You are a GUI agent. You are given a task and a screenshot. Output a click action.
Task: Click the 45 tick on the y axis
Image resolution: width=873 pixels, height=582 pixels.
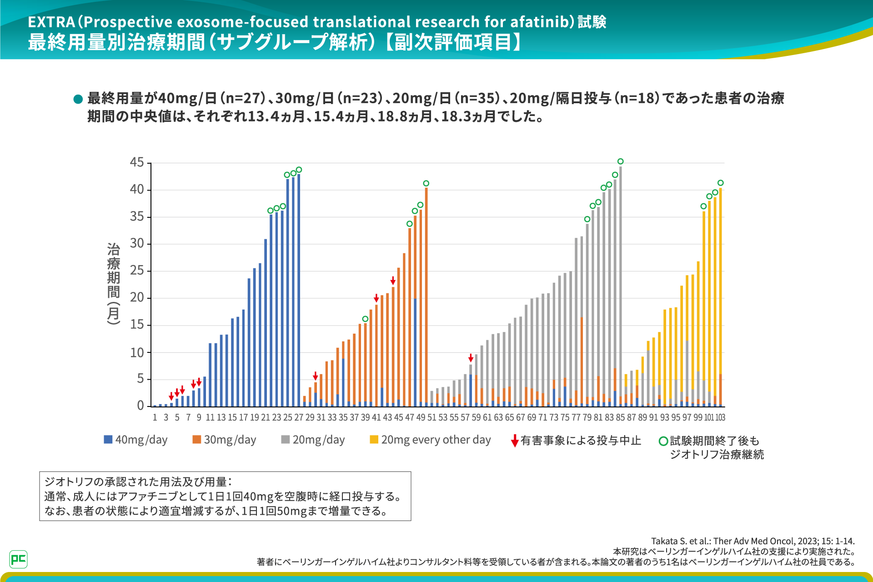point(137,162)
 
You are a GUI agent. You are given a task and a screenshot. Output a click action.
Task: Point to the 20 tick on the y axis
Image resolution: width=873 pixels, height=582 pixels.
point(137,297)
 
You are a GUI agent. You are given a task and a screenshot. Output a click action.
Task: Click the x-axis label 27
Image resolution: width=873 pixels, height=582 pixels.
point(299,417)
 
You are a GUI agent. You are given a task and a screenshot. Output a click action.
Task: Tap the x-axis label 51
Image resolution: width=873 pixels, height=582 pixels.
point(431,417)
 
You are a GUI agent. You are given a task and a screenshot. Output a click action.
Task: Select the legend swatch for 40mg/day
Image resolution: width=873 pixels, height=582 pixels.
point(108,439)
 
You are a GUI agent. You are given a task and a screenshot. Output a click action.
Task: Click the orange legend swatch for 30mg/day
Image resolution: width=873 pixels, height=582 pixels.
point(196,439)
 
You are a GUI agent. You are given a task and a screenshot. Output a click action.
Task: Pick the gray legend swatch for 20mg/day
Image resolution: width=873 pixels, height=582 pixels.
point(286,439)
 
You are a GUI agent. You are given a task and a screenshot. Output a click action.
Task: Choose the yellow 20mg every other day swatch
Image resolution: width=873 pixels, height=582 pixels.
point(374,439)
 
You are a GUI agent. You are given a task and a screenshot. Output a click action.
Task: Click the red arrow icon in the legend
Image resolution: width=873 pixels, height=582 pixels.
point(515,441)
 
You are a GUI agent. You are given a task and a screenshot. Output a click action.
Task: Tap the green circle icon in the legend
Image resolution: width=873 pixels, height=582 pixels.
point(663,441)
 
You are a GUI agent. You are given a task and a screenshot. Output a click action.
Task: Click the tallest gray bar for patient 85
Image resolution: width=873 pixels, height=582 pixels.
point(621,273)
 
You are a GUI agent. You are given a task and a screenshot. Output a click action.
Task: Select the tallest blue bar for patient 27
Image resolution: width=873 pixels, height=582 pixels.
point(299,291)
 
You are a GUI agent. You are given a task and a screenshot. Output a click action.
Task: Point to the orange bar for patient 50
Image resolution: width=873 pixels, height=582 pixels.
point(426,296)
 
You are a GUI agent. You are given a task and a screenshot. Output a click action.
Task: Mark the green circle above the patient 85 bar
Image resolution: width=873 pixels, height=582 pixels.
point(621,161)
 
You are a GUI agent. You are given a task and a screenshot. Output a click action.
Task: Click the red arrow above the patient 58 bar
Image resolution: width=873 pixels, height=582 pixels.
point(471,358)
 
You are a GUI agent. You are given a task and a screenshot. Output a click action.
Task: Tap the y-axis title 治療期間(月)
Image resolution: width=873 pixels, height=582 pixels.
point(113,283)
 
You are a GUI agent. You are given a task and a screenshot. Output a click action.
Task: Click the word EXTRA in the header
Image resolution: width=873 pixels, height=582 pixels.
point(51,22)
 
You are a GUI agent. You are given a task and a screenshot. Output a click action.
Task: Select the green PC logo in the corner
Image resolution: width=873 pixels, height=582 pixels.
point(18,559)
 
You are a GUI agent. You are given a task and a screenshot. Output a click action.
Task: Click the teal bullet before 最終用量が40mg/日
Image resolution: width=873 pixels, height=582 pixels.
point(78,99)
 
